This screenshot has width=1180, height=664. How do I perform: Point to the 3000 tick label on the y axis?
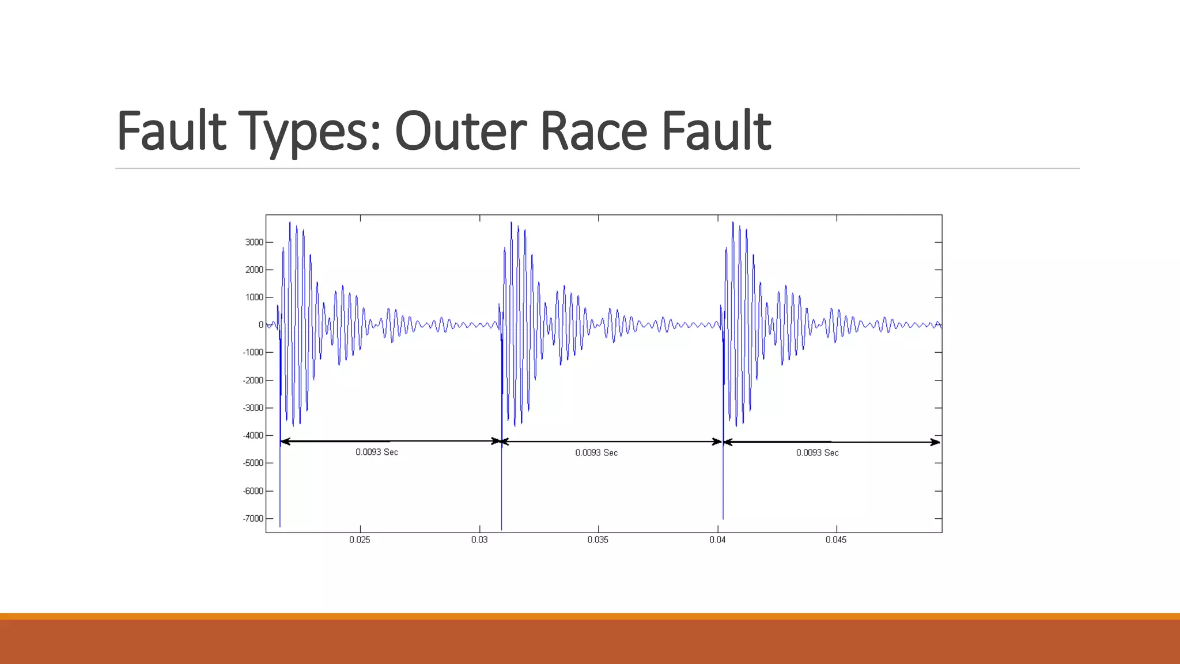(254, 242)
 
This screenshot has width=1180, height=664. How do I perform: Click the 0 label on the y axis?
(261, 325)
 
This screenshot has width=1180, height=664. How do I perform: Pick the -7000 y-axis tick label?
(253, 519)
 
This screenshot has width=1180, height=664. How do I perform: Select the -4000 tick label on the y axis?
(253, 436)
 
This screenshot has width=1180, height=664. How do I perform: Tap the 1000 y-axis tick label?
(254, 297)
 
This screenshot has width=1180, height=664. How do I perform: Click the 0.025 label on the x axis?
(360, 540)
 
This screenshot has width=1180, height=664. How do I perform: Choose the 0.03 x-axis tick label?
(479, 540)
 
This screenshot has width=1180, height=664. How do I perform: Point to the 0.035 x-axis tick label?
(598, 540)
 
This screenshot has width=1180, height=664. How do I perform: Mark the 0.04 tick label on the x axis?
(717, 540)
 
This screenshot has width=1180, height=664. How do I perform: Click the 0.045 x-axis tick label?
(836, 540)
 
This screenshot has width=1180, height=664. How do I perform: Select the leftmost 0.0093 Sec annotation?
(377, 452)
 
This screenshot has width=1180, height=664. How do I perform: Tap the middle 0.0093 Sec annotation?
(596, 453)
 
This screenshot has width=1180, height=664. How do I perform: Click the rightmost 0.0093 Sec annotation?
(818, 453)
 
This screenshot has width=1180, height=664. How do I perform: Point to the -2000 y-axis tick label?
(253, 380)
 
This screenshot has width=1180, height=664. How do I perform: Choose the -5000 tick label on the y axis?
(253, 463)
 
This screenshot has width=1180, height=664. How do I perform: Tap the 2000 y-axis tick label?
(254, 270)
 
